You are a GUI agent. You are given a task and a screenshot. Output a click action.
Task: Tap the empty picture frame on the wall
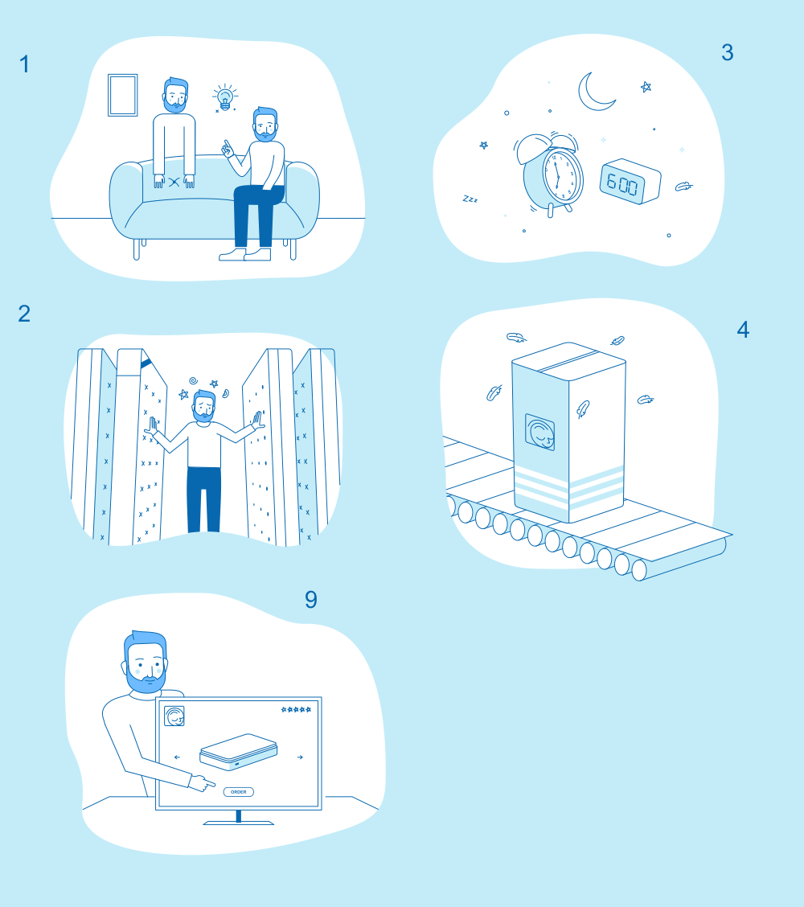123,95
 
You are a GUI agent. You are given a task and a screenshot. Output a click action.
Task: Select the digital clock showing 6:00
630,182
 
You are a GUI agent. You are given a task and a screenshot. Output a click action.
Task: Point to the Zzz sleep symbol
470,199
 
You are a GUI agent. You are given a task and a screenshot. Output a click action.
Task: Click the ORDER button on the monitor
238,792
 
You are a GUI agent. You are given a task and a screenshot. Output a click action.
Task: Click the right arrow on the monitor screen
300,757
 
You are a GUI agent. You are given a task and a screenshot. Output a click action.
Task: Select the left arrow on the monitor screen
177,757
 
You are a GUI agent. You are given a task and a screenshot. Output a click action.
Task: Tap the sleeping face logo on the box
540,432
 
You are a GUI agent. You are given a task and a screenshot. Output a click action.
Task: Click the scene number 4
743,330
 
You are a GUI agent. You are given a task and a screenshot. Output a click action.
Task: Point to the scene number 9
311,600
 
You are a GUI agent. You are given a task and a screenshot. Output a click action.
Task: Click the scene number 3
728,53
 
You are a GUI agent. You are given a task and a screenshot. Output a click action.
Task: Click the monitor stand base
238,822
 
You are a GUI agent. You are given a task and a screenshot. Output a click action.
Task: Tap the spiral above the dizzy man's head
193,380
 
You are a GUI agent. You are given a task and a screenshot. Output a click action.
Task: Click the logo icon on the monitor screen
174,716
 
